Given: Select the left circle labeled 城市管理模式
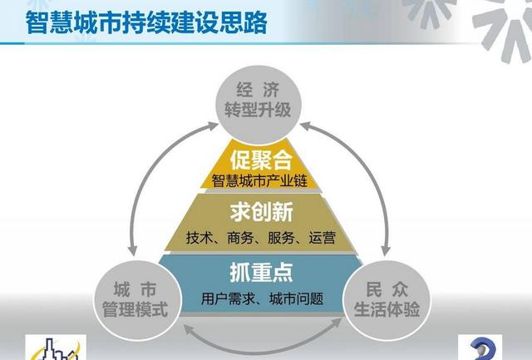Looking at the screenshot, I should (140, 300).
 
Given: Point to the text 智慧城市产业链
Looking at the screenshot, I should (258, 178).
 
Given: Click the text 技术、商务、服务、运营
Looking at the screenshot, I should (261, 238).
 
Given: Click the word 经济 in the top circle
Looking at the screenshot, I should (258, 87).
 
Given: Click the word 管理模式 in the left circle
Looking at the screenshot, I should (140, 311).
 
